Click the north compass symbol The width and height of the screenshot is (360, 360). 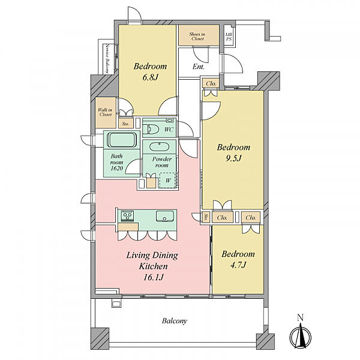pos(301,336)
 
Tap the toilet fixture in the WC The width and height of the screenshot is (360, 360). pos(151,129)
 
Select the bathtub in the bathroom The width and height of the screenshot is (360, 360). pos(122,140)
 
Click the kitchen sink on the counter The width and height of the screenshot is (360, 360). pos(164,216)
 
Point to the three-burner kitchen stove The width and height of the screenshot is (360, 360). pos(127,216)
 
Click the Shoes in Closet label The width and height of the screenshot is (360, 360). pos(197,36)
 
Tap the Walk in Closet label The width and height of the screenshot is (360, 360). pos(105,112)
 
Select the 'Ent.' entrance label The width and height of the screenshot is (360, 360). pos(199,67)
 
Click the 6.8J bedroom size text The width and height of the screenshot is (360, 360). pos(151,77)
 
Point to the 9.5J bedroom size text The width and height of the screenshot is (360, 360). pos(233,158)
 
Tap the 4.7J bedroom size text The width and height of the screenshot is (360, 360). pos(238,265)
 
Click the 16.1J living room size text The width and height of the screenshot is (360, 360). pos(154,277)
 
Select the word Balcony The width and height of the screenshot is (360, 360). pos(175,321)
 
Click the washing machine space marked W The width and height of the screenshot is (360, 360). pos(168,181)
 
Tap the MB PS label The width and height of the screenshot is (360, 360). pos(229,37)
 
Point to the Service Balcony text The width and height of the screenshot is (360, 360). pos(107,59)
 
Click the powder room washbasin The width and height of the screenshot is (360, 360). pos(160,147)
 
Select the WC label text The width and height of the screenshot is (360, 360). pos(169,130)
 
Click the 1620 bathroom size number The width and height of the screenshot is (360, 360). pos(116,168)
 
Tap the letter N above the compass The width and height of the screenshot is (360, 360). pos(301,317)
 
